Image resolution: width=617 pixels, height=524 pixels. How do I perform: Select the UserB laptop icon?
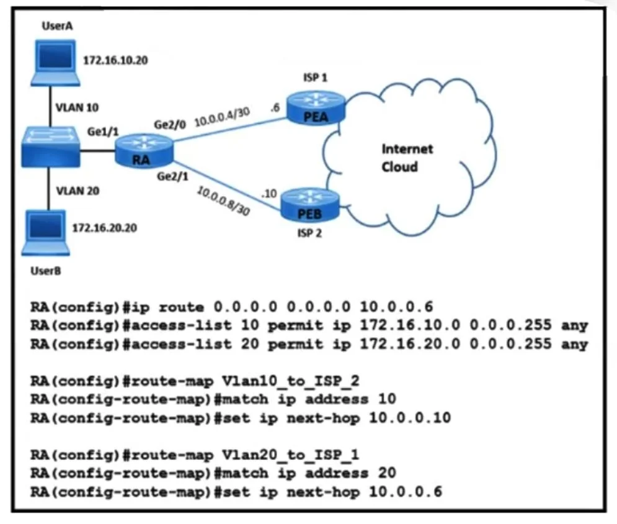pyautogui.click(x=46, y=233)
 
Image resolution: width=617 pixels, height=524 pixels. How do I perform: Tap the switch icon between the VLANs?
pyautogui.click(x=50, y=147)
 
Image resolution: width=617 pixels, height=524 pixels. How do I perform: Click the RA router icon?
pyautogui.click(x=144, y=151)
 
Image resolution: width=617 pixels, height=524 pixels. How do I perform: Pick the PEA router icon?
pyautogui.click(x=316, y=107)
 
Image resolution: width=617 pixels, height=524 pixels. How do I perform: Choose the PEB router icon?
pyautogui.click(x=310, y=205)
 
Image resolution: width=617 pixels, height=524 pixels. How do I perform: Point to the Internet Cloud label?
pyautogui.click(x=407, y=158)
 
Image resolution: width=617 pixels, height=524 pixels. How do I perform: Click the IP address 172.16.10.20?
pyautogui.click(x=115, y=60)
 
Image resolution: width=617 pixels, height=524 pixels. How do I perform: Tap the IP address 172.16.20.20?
pyautogui.click(x=105, y=228)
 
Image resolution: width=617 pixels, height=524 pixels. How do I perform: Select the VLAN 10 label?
pyautogui.click(x=77, y=107)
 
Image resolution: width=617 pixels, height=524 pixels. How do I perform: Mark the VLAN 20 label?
pyautogui.click(x=78, y=191)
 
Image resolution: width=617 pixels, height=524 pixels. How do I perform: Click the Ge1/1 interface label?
pyautogui.click(x=102, y=131)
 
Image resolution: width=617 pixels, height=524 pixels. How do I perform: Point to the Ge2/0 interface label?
pyautogui.click(x=169, y=125)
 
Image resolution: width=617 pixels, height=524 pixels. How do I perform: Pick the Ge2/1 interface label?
pyautogui.click(x=172, y=176)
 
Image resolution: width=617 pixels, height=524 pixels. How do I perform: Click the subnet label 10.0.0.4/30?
pyautogui.click(x=223, y=117)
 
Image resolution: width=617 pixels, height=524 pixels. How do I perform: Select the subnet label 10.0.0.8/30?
pyautogui.click(x=223, y=201)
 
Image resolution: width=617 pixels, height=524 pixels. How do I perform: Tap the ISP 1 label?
pyautogui.click(x=315, y=78)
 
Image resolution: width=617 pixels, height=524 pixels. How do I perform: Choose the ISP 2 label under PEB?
pyautogui.click(x=309, y=233)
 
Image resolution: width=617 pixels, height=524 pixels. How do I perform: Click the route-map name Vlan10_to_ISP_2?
pyautogui.click(x=290, y=381)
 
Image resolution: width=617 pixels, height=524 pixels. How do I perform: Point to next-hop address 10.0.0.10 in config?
pyautogui.click(x=410, y=418)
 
